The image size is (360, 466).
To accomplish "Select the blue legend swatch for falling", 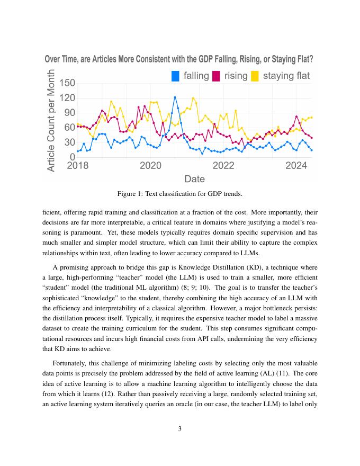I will point(176,76).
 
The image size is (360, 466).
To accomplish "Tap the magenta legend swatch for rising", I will point(217,76).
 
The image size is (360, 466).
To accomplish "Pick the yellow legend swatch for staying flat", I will point(255,76).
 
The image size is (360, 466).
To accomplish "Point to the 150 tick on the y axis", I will point(67,83).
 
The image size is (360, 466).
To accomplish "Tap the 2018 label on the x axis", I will point(78,165).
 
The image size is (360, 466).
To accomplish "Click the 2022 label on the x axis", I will point(223,165).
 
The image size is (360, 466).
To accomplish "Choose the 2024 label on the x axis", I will point(296,165).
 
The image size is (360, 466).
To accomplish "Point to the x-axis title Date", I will point(194,179).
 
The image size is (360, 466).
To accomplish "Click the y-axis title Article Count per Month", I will point(51,120).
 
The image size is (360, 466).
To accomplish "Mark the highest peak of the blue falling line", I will point(175,97).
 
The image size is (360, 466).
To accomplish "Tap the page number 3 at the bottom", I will point(180,429).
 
